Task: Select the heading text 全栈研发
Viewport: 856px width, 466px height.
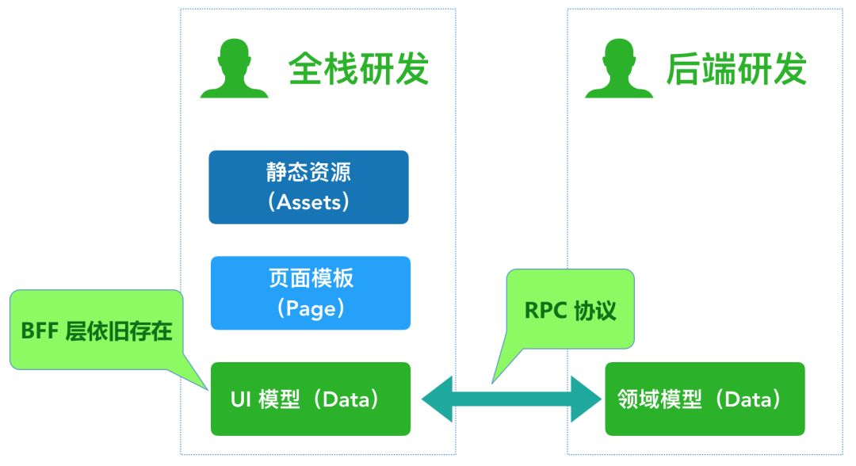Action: [358, 69]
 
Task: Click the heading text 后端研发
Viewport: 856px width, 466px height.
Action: [736, 69]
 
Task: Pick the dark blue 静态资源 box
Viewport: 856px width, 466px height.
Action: [308, 187]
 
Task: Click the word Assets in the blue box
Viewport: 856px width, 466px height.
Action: [309, 202]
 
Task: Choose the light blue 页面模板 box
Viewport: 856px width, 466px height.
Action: [310, 292]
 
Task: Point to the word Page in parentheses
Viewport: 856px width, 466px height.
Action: [311, 307]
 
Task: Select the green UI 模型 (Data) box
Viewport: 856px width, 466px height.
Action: [310, 399]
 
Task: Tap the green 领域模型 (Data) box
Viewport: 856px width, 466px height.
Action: [705, 399]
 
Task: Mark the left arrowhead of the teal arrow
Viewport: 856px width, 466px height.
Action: [438, 399]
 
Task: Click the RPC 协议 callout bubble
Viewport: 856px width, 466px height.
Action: [570, 309]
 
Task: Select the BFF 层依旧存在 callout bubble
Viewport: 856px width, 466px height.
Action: [96, 329]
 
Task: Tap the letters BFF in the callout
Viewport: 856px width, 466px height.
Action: [40, 330]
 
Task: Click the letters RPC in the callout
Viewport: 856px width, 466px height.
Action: [544, 310]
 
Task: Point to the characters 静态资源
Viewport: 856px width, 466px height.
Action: [309, 173]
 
